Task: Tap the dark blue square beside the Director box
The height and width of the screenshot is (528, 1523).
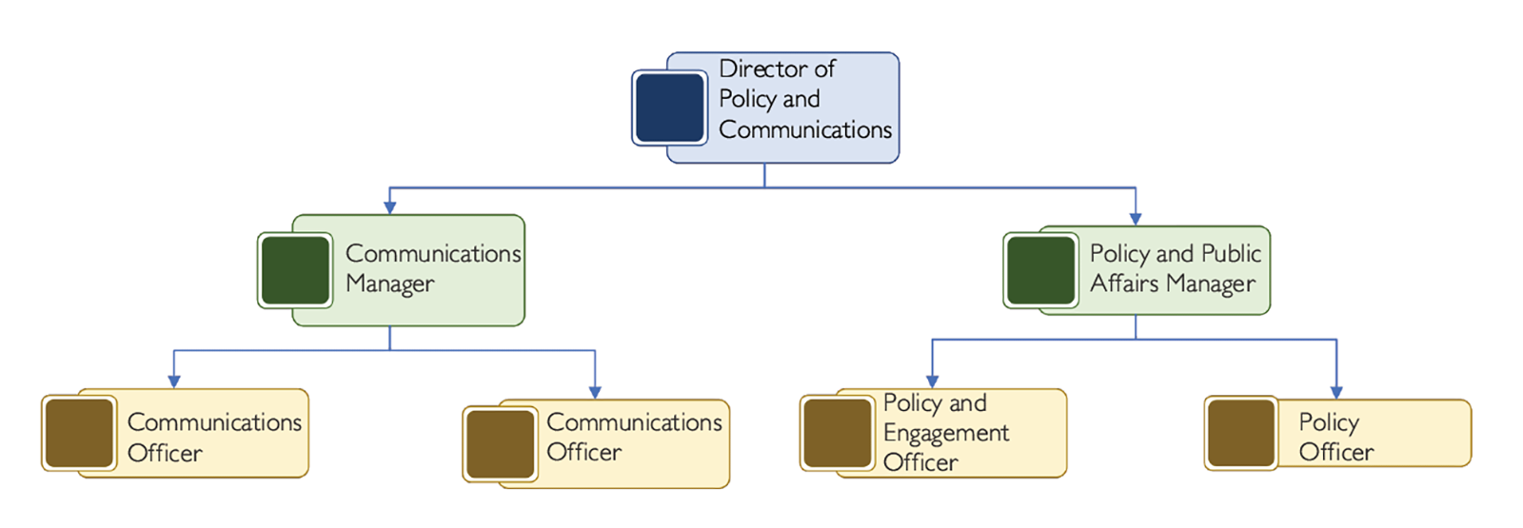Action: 669,108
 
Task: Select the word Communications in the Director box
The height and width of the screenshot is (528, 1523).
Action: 805,129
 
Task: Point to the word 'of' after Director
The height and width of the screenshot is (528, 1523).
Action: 824,68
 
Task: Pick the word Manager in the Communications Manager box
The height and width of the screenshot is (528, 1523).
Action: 390,284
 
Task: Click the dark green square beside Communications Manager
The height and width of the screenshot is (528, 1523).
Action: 295,270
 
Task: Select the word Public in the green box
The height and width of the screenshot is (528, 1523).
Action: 1231,253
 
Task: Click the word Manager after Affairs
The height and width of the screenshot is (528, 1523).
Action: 1211,284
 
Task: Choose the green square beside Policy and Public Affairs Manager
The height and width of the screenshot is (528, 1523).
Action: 1040,270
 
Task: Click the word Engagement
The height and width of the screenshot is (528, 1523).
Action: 946,433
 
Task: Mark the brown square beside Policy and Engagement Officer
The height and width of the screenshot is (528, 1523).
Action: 838,434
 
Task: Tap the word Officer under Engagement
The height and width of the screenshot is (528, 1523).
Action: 920,462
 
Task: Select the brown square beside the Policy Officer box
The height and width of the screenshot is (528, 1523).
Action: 1241,434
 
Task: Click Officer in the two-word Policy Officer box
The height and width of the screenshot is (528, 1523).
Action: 1335,452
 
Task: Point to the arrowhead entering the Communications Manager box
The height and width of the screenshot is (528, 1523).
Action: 389,206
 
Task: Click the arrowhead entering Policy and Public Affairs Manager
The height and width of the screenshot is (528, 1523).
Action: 1135,219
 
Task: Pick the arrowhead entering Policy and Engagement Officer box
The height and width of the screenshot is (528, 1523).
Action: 932,381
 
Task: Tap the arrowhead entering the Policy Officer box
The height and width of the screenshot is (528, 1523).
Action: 1335,392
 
